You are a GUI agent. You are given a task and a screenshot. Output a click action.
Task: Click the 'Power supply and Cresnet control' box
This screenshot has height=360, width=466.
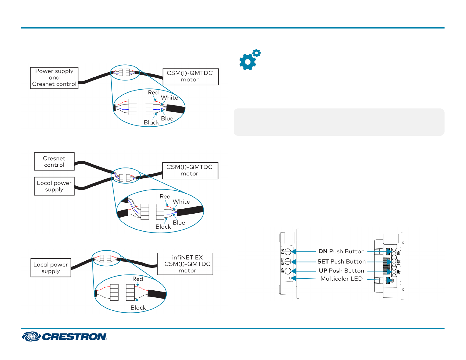54,78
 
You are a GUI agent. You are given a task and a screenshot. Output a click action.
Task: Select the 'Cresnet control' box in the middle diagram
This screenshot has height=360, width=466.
54,161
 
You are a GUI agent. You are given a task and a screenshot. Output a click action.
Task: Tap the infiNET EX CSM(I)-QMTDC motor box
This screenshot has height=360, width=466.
185,264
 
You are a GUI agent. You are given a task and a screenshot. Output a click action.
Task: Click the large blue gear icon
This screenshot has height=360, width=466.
248,62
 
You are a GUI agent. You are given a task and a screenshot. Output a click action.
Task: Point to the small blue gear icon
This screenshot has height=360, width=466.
256,53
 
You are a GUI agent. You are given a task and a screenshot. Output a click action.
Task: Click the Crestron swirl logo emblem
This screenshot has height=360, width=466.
31,336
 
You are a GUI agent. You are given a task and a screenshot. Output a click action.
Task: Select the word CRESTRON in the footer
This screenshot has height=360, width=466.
74,337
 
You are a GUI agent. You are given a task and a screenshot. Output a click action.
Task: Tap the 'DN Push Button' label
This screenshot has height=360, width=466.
341,251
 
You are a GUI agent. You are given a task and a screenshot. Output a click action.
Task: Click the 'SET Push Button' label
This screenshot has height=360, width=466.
341,262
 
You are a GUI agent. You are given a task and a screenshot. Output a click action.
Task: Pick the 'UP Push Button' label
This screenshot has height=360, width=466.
341,271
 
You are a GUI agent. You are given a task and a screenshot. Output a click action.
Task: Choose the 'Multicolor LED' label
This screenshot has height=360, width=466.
341,279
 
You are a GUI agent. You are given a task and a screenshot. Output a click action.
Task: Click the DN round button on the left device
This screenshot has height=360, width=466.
288,252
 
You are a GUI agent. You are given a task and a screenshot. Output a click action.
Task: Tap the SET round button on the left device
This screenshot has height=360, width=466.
288,262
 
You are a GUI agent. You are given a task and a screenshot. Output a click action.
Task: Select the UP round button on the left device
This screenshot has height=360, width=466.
288,271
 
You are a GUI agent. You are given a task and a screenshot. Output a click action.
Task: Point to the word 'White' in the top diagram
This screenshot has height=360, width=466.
169,98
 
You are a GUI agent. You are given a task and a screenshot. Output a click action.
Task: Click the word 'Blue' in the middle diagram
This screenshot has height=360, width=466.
179,223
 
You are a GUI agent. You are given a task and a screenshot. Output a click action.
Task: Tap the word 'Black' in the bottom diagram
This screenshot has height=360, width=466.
138,308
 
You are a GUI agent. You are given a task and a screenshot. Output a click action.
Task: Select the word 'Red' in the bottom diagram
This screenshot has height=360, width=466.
138,279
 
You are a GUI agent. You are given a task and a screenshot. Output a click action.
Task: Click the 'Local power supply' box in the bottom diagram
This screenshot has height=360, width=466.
51,268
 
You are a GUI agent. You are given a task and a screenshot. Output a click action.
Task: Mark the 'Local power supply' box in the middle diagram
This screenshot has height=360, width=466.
54,186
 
